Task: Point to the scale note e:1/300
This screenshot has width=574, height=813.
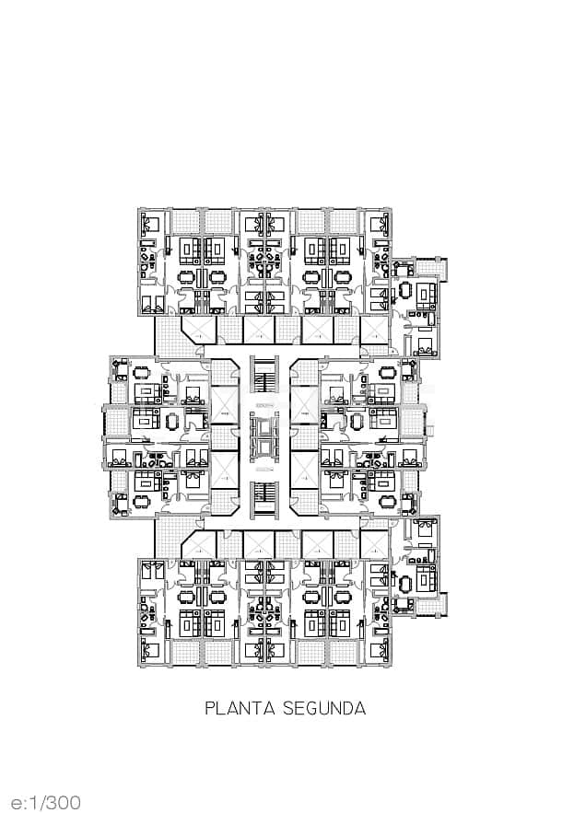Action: (x=46, y=802)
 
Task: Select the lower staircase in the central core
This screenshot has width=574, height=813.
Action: (x=264, y=496)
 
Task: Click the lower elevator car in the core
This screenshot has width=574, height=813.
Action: (x=264, y=447)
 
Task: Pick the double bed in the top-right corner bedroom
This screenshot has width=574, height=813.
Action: (x=378, y=223)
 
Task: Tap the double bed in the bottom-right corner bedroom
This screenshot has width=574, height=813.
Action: (x=378, y=652)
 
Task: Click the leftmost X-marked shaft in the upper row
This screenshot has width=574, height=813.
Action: (x=199, y=329)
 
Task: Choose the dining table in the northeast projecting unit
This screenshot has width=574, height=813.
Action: (x=405, y=292)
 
